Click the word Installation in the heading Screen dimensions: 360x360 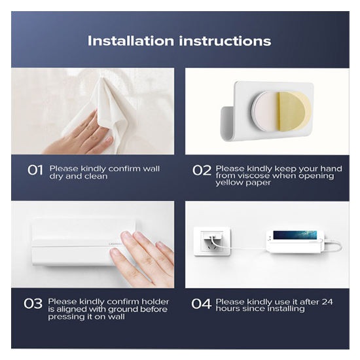pyautogui.click(x=131, y=41)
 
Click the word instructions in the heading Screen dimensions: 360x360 pyautogui.click(x=225, y=41)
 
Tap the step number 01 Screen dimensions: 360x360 pyautogui.click(x=35, y=170)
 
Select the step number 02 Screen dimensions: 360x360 pyautogui.click(x=202, y=171)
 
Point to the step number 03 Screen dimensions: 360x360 pyautogui.click(x=33, y=304)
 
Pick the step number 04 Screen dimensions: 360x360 pyautogui.click(x=201, y=304)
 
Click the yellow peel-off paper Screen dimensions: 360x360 pyautogui.click(x=295, y=111)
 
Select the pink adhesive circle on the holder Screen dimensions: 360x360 pyautogui.click(x=266, y=111)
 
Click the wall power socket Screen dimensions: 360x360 pyautogui.click(x=212, y=242)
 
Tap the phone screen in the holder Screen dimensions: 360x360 pyautogui.click(x=295, y=235)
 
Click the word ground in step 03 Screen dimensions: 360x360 pyautogui.click(x=123, y=309)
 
